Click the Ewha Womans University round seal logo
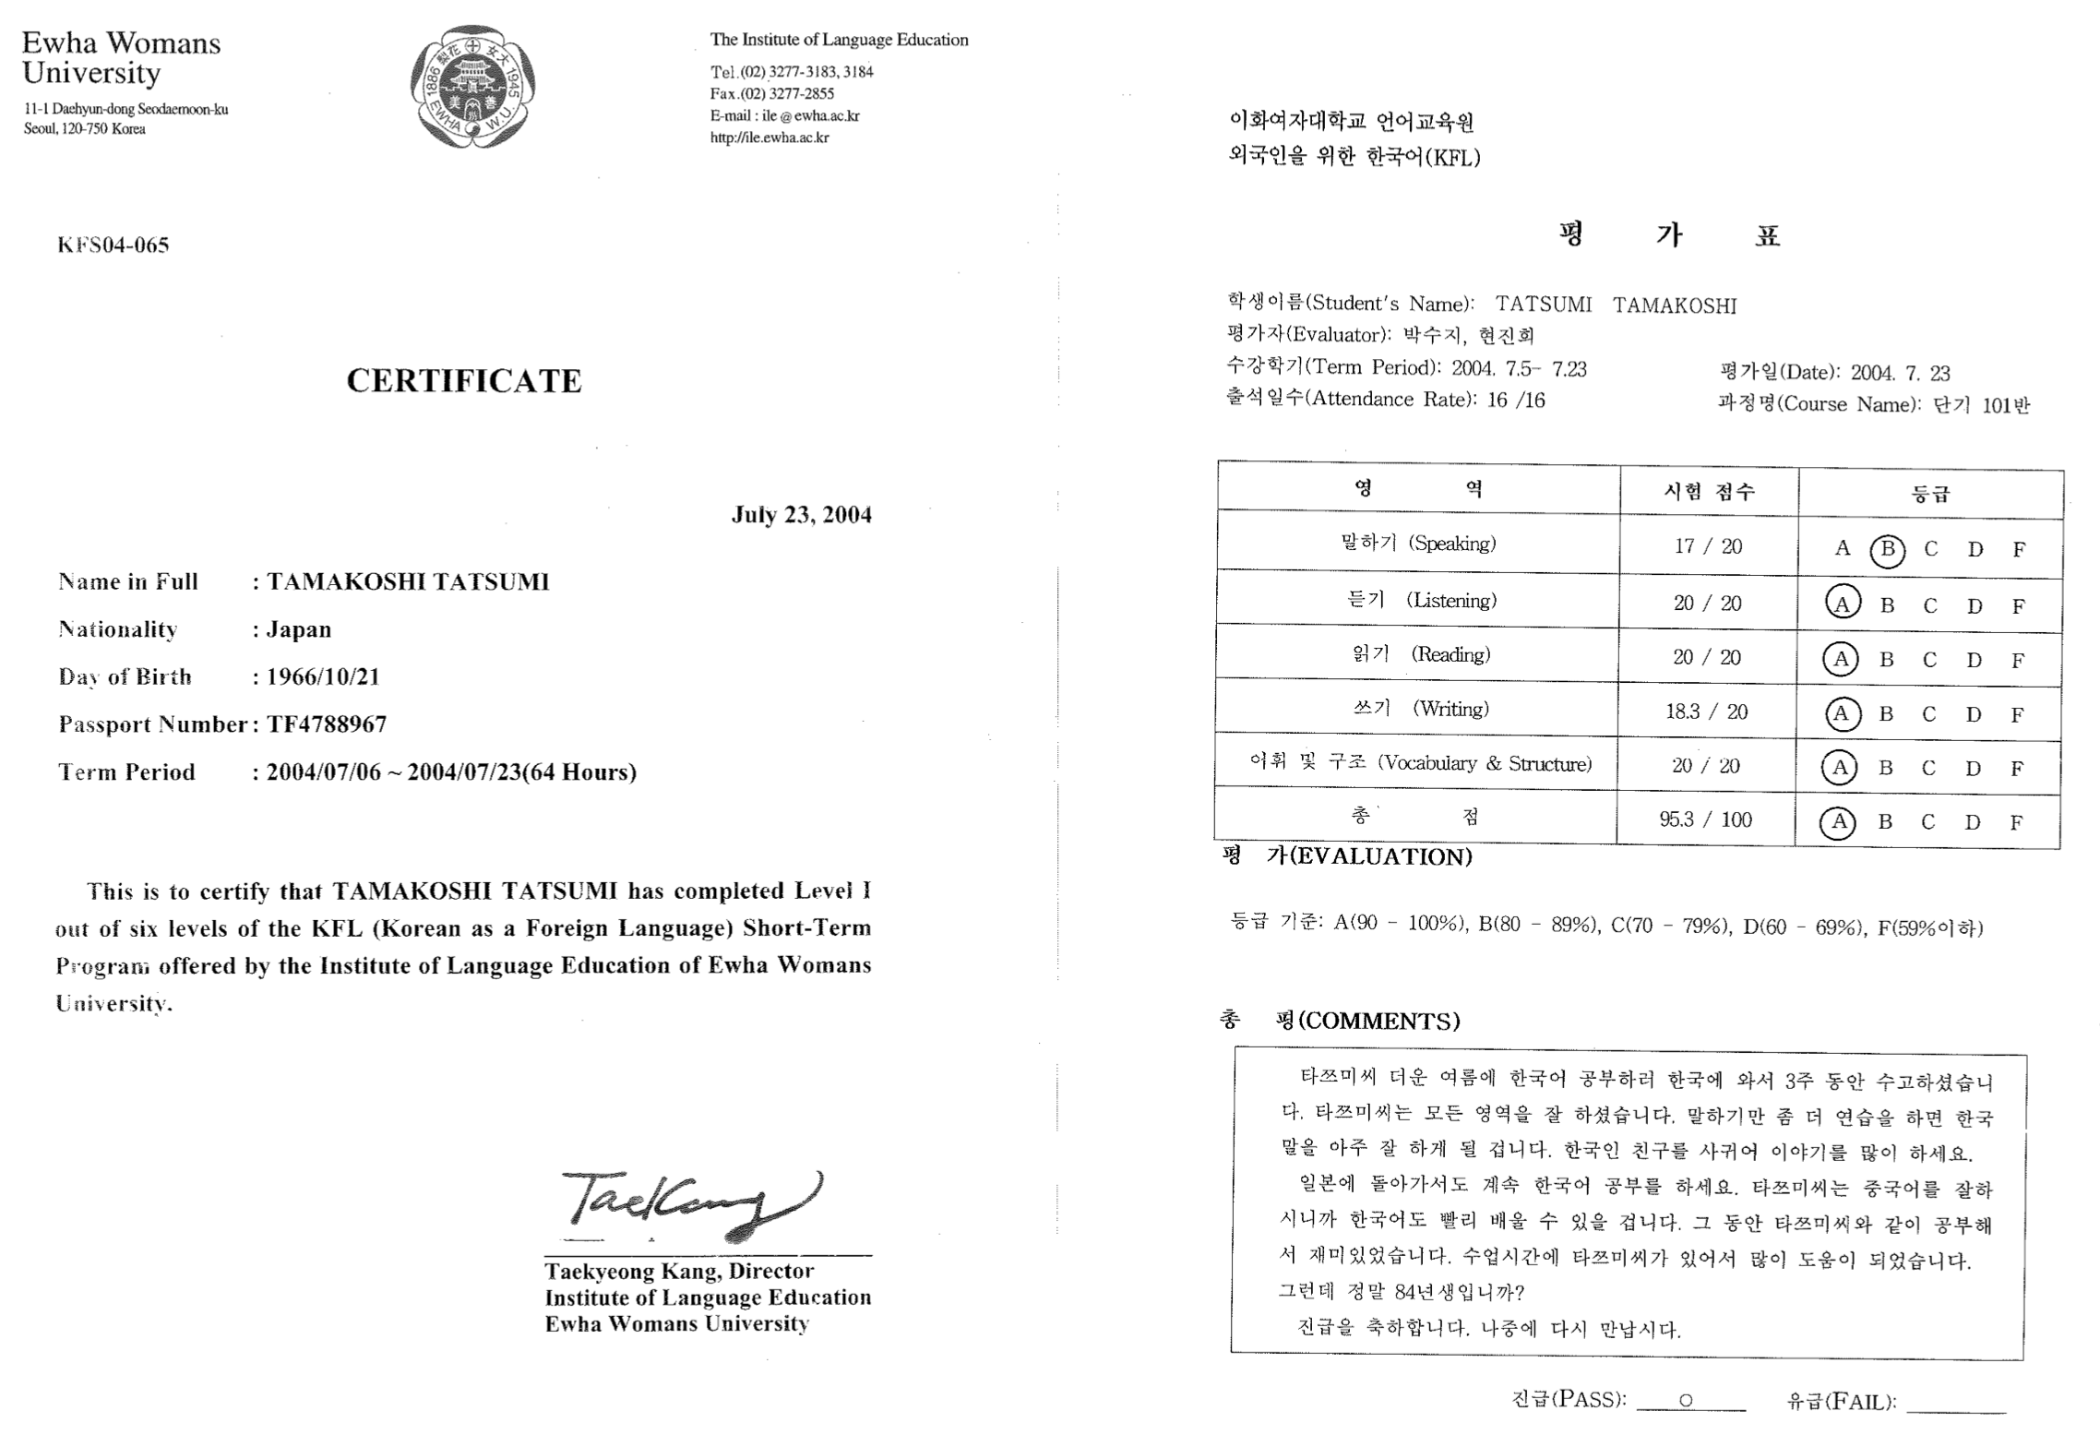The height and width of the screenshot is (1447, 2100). pos(472,87)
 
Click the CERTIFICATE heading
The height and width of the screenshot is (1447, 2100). pos(464,381)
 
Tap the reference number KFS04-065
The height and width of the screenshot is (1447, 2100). pos(113,245)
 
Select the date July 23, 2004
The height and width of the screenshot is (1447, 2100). pos(801,515)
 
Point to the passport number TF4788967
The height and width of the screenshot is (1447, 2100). pos(327,724)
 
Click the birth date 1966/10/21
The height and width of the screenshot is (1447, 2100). pos(323,677)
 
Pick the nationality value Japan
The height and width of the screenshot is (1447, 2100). pos(299,630)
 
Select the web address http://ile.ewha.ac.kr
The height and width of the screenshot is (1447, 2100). pos(770,138)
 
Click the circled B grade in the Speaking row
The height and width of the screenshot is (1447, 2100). pos(1887,550)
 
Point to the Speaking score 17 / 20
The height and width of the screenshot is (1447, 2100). pos(1708,546)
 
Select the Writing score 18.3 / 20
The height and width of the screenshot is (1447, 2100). pos(1706,712)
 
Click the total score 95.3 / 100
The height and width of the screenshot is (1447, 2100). pos(1705,819)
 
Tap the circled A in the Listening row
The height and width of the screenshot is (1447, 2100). pos(1842,604)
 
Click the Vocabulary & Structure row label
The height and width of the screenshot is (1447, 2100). pos(1421,763)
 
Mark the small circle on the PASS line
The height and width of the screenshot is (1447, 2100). pos(1686,1401)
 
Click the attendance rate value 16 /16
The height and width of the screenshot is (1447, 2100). pos(1516,401)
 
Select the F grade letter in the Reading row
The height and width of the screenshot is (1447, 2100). pos(2018,661)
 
